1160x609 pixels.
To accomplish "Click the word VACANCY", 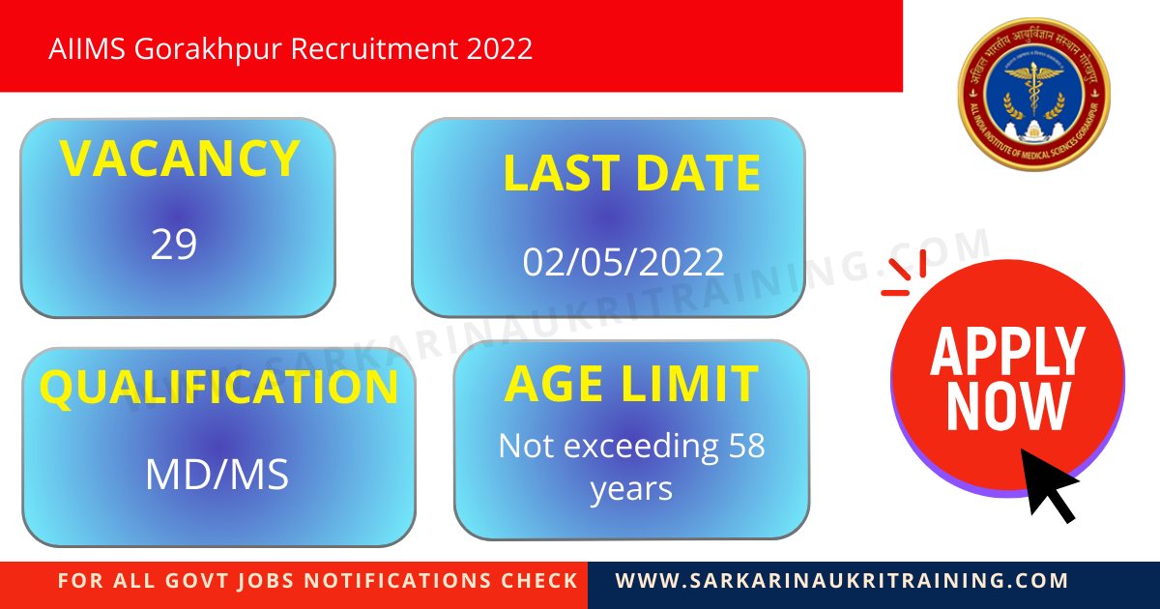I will [180, 159].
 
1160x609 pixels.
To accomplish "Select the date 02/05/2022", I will [623, 262].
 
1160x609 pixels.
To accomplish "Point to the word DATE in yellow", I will [697, 174].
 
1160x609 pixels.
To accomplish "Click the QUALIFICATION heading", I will [218, 388].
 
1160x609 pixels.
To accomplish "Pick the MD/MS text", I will [217, 475].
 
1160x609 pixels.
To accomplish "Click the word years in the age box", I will [631, 489].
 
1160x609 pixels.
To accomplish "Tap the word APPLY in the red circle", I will [1007, 352].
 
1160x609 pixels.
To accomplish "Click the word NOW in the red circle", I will [1007, 407].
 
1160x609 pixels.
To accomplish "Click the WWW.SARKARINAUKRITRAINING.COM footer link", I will [842, 581].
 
